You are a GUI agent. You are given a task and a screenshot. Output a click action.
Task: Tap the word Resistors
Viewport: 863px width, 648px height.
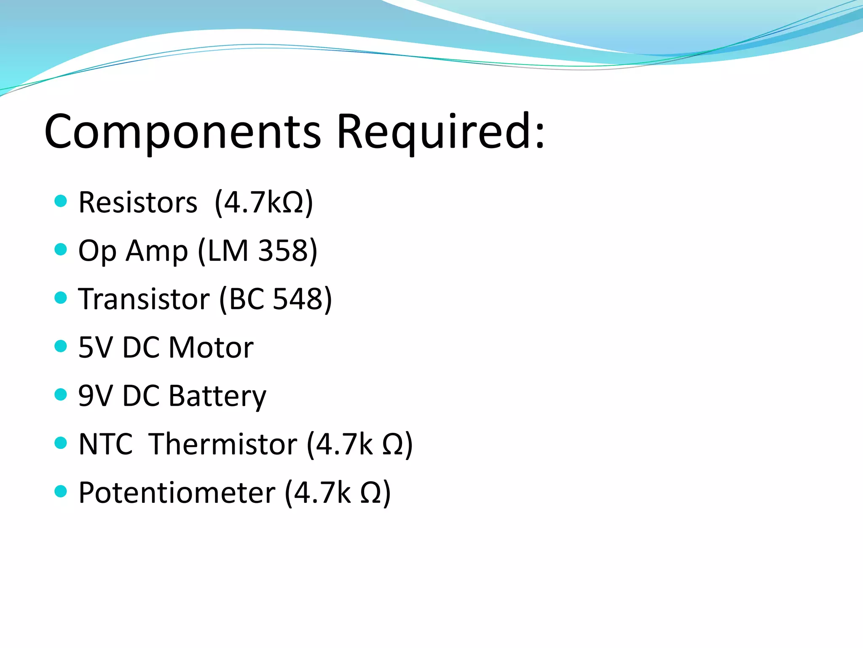[138, 202]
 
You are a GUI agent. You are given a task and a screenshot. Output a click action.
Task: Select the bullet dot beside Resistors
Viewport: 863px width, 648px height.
[61, 201]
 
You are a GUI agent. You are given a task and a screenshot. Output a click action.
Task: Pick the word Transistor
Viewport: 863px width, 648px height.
[144, 299]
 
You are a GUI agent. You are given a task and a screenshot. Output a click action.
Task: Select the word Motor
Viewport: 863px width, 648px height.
[211, 348]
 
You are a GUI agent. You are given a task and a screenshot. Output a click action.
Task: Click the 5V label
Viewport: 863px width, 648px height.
[96, 348]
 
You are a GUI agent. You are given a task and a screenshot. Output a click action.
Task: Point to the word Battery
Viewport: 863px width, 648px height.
[217, 396]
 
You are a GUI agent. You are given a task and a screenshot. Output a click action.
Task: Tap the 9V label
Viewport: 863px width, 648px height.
[96, 396]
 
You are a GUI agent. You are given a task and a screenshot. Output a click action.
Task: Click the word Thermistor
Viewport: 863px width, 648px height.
[223, 444]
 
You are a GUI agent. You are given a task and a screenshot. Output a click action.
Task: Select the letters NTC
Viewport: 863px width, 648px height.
[106, 444]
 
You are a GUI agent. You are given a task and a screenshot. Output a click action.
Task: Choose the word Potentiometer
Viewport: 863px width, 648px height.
[177, 493]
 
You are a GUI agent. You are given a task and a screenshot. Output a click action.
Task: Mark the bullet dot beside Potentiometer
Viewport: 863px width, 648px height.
[61, 491]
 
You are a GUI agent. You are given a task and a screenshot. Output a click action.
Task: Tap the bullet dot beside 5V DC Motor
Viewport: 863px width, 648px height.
[61, 346]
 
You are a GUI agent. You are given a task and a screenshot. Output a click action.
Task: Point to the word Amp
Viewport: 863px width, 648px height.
[157, 251]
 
